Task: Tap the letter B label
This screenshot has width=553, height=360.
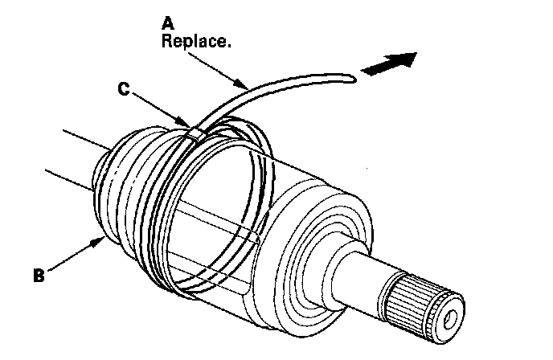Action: pyautogui.click(x=37, y=275)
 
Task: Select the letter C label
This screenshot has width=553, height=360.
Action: pyautogui.click(x=123, y=89)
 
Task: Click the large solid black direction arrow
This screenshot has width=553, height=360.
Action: pyautogui.click(x=389, y=64)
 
